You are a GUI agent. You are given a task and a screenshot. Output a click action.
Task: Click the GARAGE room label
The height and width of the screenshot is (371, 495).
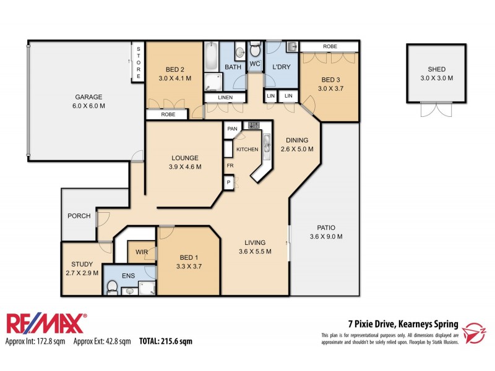pos(89,96)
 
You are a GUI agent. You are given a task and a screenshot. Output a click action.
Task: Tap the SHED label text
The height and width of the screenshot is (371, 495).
pos(437,69)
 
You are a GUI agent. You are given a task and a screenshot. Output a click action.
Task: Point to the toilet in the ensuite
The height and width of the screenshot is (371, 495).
pos(113,286)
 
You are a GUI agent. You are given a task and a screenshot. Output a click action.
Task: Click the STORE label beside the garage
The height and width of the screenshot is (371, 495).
pos(138,62)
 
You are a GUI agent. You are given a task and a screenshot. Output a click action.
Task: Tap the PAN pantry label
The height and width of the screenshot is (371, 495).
pos(233,129)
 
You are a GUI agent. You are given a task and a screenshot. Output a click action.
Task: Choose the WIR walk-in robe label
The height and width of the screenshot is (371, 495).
pos(140,252)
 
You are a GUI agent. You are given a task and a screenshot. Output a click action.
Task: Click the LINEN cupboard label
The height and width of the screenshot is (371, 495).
pos(217,98)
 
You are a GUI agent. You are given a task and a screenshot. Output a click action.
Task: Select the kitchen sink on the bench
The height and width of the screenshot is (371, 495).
pos(266,143)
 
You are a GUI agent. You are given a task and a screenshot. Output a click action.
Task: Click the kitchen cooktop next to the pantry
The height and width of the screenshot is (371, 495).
pos(252,125)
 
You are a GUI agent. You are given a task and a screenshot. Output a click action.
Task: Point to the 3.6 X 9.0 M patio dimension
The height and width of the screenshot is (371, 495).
pos(325,236)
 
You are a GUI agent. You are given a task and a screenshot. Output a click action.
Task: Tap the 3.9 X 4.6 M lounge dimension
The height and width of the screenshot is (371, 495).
pos(186,167)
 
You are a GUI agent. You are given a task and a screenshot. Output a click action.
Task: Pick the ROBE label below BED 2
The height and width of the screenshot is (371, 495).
pos(168,114)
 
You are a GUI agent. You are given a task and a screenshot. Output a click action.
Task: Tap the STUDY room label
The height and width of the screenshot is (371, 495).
pos(82,264)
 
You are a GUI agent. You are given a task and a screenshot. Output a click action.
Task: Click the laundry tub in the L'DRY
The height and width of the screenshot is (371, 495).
pos(292,47)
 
